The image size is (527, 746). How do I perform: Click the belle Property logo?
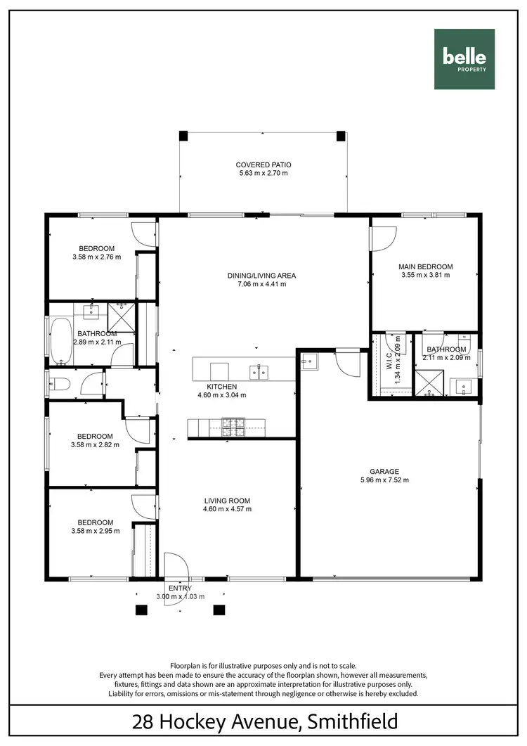click(464, 59)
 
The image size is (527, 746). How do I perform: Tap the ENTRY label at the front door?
click(179, 588)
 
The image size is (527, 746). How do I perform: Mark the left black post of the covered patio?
click(183, 135)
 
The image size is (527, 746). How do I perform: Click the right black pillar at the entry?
click(219, 610)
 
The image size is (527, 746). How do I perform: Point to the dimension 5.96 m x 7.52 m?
click(384, 481)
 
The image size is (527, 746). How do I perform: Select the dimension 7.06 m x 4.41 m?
click(262, 285)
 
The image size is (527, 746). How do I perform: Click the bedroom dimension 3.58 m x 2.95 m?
click(96, 531)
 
